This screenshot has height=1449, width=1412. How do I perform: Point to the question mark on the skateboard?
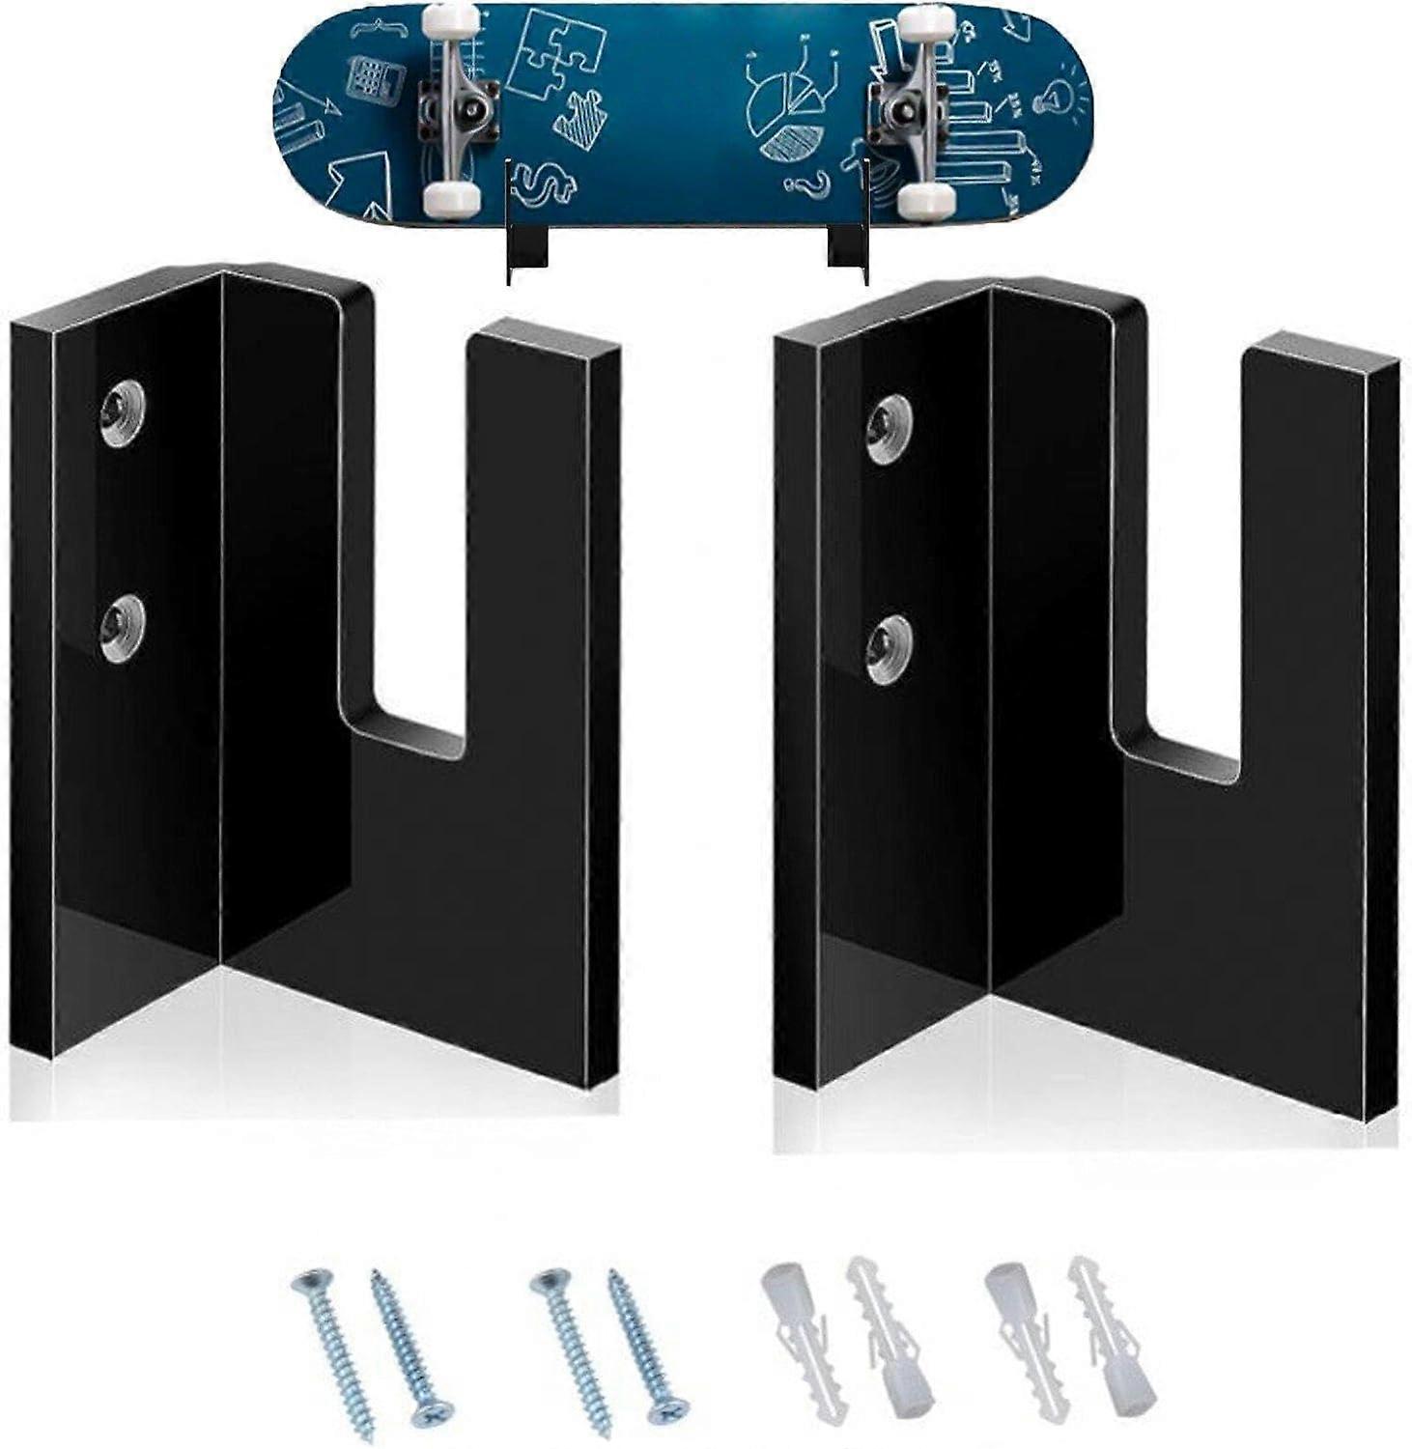(814, 183)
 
